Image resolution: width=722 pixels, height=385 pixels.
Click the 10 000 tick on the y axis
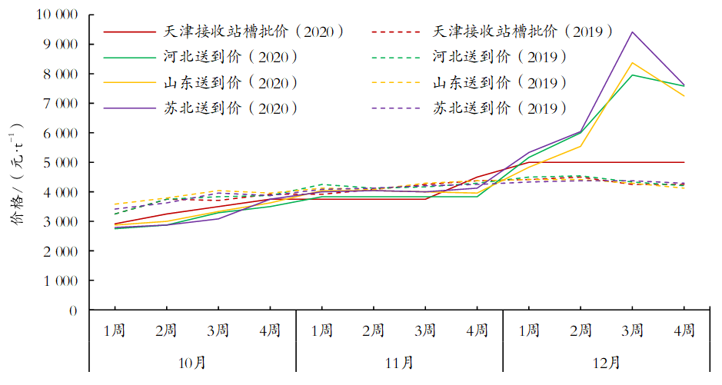pos(58,15)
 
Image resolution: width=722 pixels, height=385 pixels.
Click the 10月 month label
pos(192,361)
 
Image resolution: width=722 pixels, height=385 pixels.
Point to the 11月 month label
pos(399,361)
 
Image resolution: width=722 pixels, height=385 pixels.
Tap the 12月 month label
pos(606,361)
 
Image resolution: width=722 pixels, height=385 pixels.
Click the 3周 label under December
pos(632,330)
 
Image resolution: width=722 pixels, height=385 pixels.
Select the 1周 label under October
pos(115,330)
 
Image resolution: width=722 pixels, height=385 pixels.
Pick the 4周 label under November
pos(477,330)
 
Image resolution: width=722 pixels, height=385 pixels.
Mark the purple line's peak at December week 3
pos(632,32)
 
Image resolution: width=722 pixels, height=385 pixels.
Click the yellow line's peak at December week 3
pos(632,63)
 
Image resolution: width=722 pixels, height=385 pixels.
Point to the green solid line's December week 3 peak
pos(632,75)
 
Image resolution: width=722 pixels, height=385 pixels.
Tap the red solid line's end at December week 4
pos(684,162)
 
